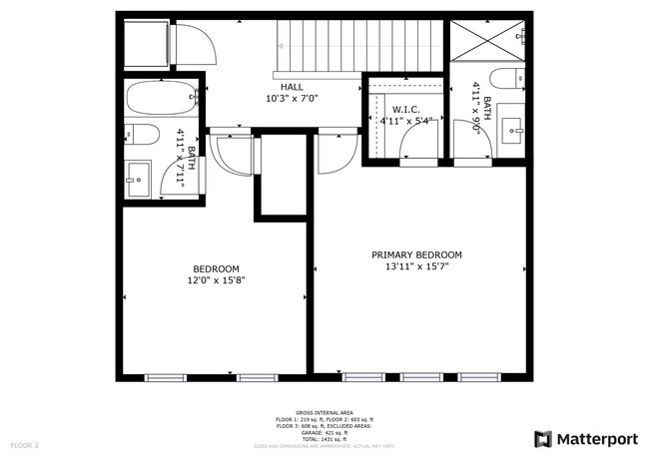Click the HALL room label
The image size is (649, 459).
coord(292,87)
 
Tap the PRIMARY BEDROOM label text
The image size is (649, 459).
coord(416,255)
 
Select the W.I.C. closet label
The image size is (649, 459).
coord(404,109)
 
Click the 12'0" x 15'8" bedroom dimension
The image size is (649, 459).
coord(216,280)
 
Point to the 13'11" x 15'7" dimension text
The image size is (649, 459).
coord(416,267)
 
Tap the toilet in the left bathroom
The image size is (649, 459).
coord(140,136)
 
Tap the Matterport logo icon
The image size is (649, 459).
coord(543,438)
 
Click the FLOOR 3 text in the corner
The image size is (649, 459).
coord(24,444)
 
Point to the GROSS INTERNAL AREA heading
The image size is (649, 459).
coord(324,411)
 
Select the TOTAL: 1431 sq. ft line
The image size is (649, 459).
coord(324,438)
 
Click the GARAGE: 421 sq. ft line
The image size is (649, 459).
coord(324,432)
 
